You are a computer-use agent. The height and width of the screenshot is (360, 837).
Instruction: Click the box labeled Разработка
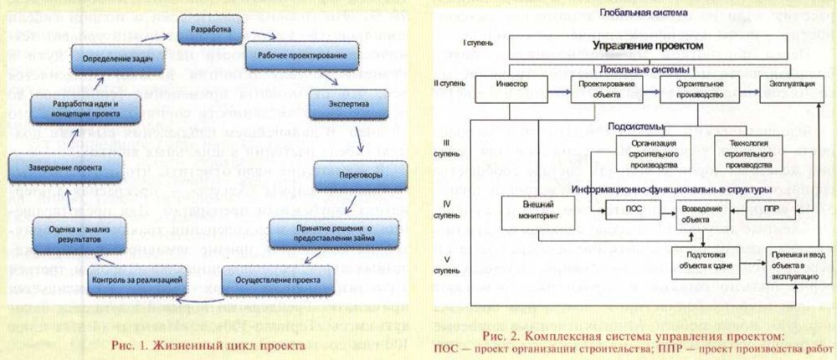tap(210, 30)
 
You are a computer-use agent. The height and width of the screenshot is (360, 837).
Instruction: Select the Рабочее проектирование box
tap(285, 55)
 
